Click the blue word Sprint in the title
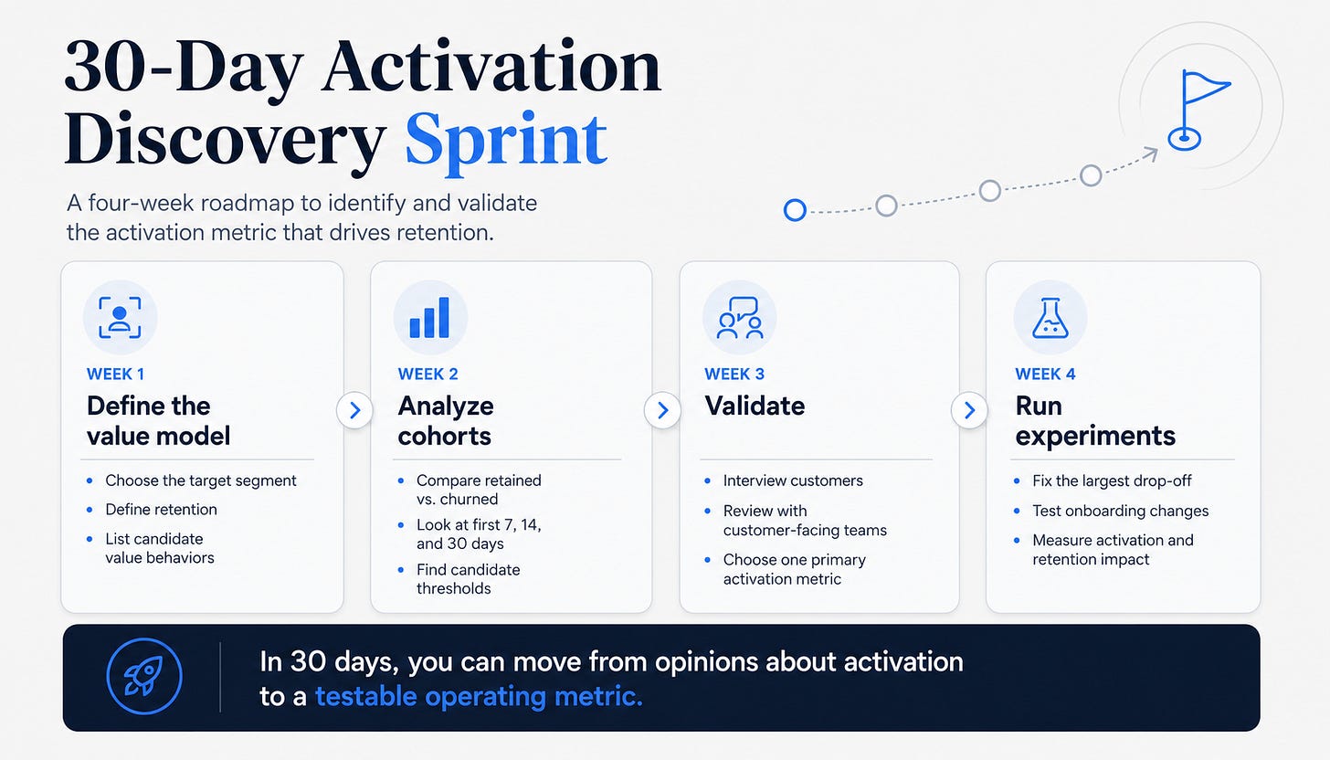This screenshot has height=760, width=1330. (x=506, y=142)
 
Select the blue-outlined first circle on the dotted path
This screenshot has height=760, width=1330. (x=795, y=210)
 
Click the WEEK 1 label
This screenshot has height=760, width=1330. (x=115, y=375)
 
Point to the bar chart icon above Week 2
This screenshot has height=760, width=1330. (x=430, y=318)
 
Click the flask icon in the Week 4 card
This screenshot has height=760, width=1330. (x=1050, y=318)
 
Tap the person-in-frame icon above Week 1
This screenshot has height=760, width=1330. (x=120, y=318)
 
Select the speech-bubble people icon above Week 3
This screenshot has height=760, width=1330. (x=740, y=318)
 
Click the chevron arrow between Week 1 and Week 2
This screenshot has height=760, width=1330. (x=355, y=410)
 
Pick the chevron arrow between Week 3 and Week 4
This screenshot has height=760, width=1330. (x=969, y=410)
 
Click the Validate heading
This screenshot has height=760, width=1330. (x=755, y=406)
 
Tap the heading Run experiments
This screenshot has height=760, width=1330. (x=1095, y=421)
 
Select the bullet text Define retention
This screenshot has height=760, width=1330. (x=161, y=510)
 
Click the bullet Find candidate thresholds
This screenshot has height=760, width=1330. (x=468, y=579)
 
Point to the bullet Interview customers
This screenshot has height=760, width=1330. (x=793, y=480)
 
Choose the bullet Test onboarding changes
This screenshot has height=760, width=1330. (x=1121, y=511)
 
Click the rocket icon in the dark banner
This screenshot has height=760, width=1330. (x=144, y=676)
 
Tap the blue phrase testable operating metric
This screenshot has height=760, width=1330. (x=479, y=696)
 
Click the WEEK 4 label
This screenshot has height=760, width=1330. (x=1045, y=375)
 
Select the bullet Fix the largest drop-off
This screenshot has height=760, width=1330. (x=1112, y=480)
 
